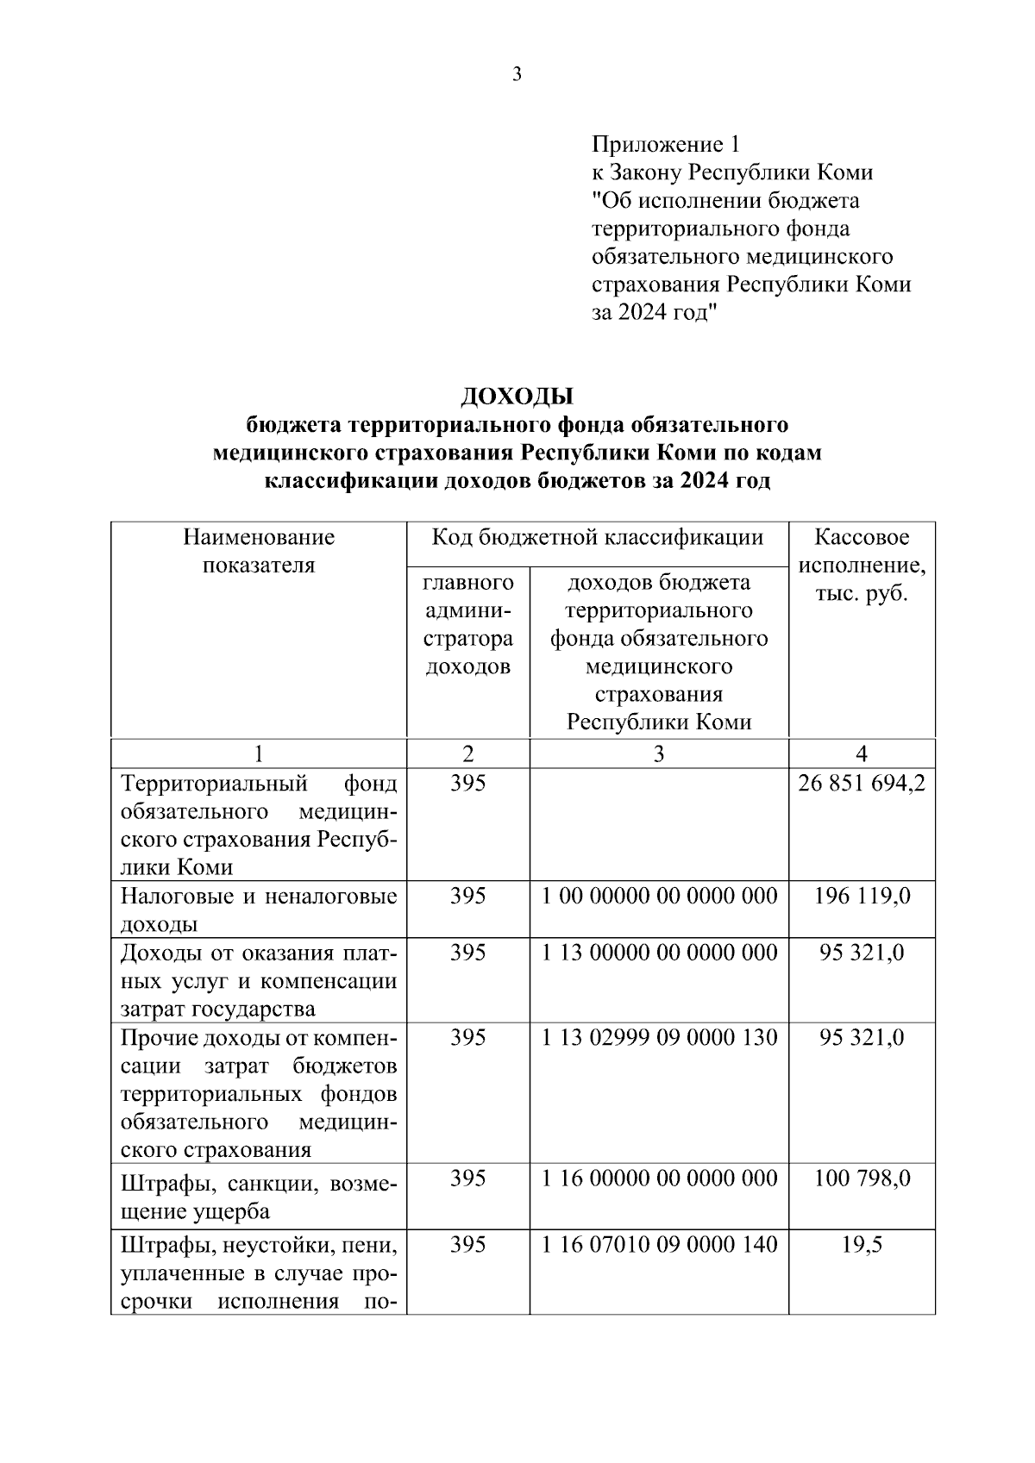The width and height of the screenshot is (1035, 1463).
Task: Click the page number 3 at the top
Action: tap(517, 75)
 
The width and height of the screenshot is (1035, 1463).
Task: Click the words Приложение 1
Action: tap(665, 144)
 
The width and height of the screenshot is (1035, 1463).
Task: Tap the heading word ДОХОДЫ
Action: tap(517, 397)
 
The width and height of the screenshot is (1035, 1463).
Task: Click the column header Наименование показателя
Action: tap(259, 552)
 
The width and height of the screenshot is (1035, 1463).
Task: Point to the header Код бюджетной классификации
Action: tap(597, 538)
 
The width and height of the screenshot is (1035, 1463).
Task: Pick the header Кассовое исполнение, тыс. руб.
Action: tap(862, 566)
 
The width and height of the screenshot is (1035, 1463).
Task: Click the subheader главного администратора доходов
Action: tap(468, 624)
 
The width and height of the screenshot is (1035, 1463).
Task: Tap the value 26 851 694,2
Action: tap(862, 783)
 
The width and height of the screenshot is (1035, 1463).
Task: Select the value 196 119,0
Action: tap(862, 896)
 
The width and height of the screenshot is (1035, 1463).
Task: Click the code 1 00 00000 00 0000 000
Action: tap(659, 896)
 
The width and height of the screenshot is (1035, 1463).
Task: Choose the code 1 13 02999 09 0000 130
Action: tap(659, 1037)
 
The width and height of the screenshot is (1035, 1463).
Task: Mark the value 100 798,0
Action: tap(862, 1178)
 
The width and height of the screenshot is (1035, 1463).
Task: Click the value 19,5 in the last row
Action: tap(862, 1245)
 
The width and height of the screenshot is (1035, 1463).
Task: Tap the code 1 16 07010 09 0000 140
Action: tap(659, 1245)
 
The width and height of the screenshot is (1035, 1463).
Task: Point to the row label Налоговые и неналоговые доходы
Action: tap(259, 910)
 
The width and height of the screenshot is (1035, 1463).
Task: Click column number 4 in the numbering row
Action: tap(862, 753)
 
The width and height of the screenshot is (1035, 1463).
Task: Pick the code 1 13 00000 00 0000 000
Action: tap(659, 953)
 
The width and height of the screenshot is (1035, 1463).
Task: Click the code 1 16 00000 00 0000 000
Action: tap(659, 1178)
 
